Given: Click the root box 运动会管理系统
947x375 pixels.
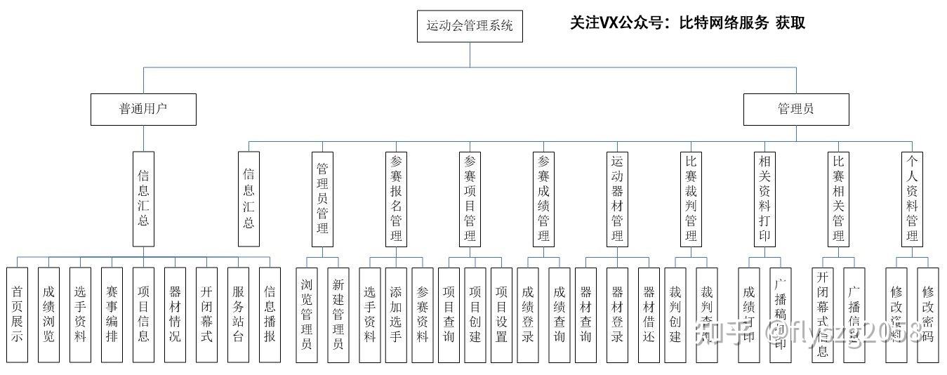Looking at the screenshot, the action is [x=470, y=27].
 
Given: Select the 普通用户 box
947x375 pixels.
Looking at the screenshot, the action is [x=143, y=110].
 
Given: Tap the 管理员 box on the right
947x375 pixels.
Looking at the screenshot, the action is [x=796, y=110].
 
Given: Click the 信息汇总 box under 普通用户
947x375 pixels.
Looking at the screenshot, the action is [x=143, y=199].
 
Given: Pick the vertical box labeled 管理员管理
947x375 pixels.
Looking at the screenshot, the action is [x=322, y=199].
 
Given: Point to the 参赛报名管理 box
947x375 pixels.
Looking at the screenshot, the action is [x=397, y=199].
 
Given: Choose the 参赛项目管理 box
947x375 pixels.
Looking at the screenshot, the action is [x=470, y=199].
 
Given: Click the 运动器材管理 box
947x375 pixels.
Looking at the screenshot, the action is [x=617, y=199].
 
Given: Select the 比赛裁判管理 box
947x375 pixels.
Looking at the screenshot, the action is [x=691, y=199].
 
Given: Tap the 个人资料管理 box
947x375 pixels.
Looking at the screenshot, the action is [x=912, y=199].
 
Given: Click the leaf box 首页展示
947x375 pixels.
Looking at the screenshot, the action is [x=18, y=314].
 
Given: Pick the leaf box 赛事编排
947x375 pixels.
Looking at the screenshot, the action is [x=112, y=314].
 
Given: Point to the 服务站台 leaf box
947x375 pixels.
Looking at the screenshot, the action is [x=238, y=314].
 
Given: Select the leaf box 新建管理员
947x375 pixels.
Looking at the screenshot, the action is [x=338, y=314].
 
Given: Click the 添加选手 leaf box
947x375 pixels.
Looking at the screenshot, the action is [x=396, y=314].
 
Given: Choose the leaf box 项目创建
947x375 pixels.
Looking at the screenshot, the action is [x=475, y=314].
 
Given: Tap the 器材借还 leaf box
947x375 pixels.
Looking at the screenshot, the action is [x=649, y=314].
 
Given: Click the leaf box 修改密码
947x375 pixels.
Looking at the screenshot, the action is [x=928, y=314].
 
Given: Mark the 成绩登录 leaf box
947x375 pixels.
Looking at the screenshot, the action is [x=527, y=314].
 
